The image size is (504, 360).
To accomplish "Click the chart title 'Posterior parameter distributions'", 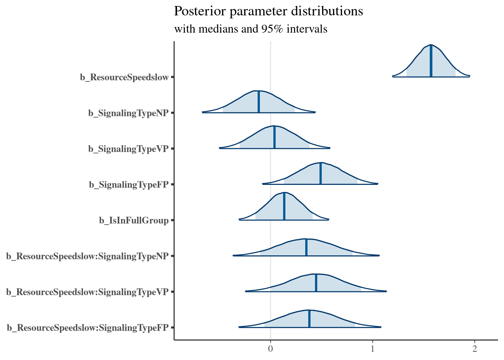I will click(x=268, y=12).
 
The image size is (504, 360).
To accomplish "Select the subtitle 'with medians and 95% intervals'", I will click(x=251, y=29).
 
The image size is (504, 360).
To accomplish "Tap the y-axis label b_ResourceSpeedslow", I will click(x=124, y=78).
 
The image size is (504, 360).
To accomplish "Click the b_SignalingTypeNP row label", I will click(x=129, y=113).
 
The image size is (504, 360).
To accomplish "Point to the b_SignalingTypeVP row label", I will click(x=129, y=149).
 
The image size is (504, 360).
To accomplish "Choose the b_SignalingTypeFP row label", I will click(x=129, y=185).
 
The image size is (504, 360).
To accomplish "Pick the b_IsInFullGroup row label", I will click(x=134, y=221).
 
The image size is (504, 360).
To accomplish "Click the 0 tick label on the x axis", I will click(x=270, y=349).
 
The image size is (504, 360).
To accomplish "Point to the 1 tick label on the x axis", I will click(x=372, y=349).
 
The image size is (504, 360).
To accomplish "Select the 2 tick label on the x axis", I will click(x=475, y=349).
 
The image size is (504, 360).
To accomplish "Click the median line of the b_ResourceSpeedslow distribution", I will click(x=431, y=61).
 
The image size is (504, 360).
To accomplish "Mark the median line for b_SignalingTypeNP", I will click(x=259, y=102).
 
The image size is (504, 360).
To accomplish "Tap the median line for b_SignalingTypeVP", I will click(x=274, y=138).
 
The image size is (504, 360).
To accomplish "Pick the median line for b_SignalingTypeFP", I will click(x=321, y=174).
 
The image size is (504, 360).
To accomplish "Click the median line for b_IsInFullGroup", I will click(x=284, y=207).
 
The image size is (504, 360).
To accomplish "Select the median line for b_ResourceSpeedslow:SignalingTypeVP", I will click(x=316, y=283).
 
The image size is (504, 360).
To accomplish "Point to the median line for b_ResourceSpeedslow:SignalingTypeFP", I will click(x=309, y=319).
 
